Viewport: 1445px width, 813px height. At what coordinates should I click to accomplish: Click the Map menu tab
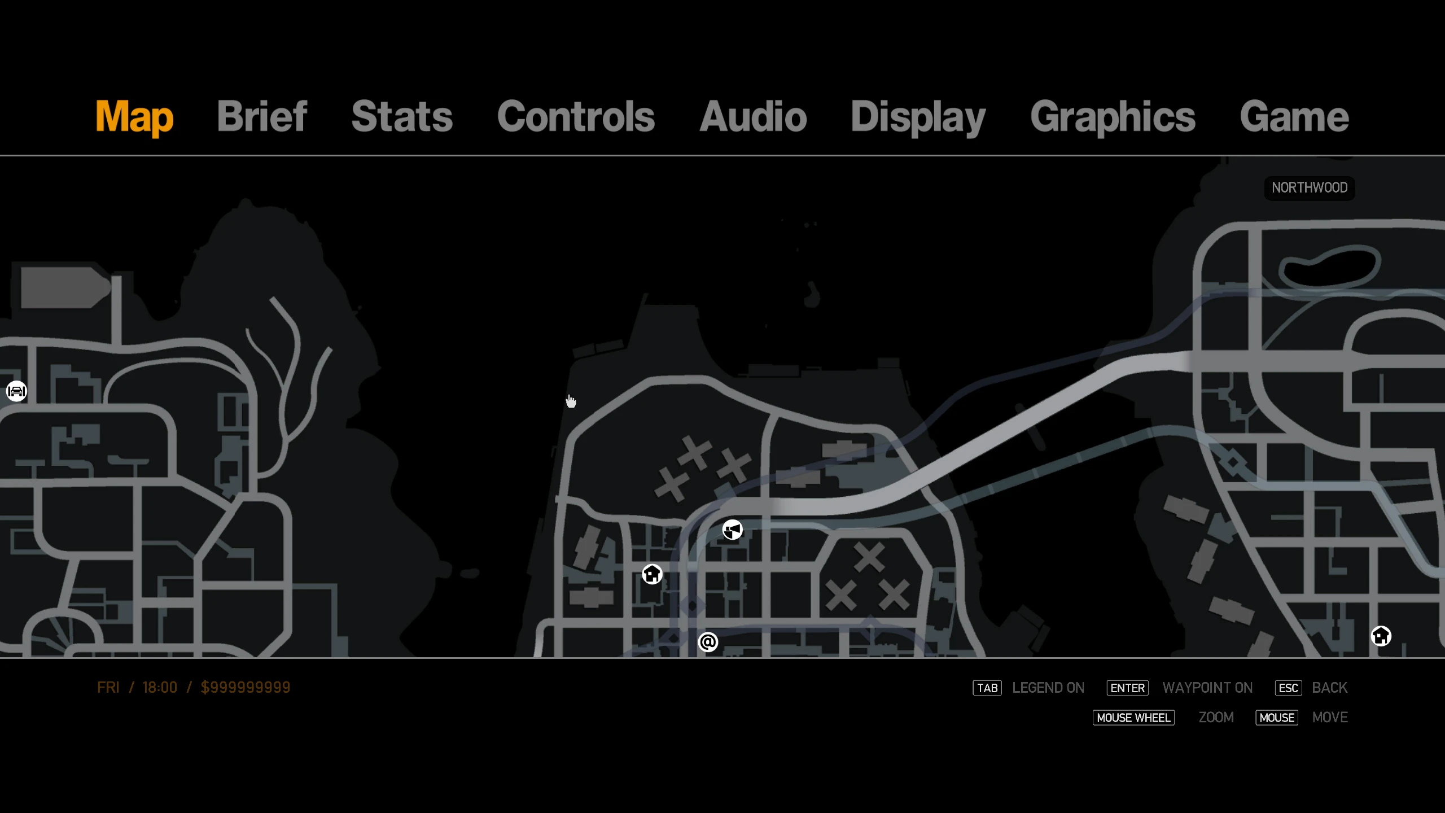(x=134, y=117)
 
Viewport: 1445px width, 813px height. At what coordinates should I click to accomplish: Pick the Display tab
(x=918, y=117)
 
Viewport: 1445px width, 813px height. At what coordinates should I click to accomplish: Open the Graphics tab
(x=1113, y=117)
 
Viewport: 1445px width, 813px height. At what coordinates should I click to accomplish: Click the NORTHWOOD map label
(x=1310, y=187)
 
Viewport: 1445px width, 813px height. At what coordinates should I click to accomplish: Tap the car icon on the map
(x=16, y=391)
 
